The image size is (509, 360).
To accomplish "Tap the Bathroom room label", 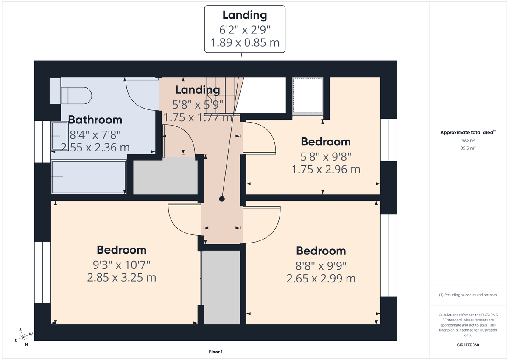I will [x=95, y=120].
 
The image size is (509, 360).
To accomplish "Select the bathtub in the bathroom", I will [x=89, y=176].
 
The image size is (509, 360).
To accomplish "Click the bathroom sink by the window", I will [x=59, y=137].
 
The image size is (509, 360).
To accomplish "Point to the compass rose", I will [x=24, y=337].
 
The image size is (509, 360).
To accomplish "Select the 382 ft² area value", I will [x=469, y=140].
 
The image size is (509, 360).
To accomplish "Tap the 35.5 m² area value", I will [x=469, y=148].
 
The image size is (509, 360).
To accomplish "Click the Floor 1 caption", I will [x=215, y=352].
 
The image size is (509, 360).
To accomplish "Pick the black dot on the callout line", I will [x=221, y=199].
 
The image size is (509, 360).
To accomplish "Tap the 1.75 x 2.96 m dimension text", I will [x=326, y=170].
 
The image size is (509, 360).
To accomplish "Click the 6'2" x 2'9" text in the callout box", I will [x=245, y=30].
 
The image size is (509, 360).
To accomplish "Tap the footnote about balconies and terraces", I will [x=468, y=295].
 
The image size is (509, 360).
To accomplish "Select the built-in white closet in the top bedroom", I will [x=308, y=96].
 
